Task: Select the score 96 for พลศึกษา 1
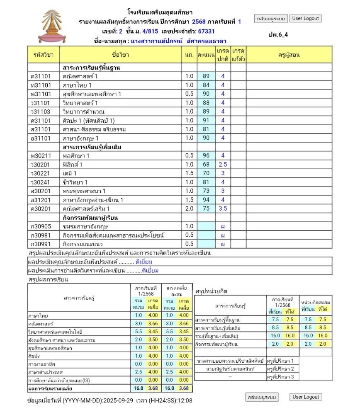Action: (206, 156)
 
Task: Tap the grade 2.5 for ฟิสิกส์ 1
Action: (223, 165)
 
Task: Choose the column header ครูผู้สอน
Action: (289, 55)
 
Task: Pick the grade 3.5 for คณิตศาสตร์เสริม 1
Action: (223, 208)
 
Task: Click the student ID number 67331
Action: (206, 32)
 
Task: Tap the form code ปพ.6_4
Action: (278, 34)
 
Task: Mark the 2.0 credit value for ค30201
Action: (189, 208)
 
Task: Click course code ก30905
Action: (41, 226)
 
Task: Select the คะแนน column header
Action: (206, 55)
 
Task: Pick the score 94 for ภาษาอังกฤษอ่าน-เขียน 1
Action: (206, 200)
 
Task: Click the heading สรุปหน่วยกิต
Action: (211, 291)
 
